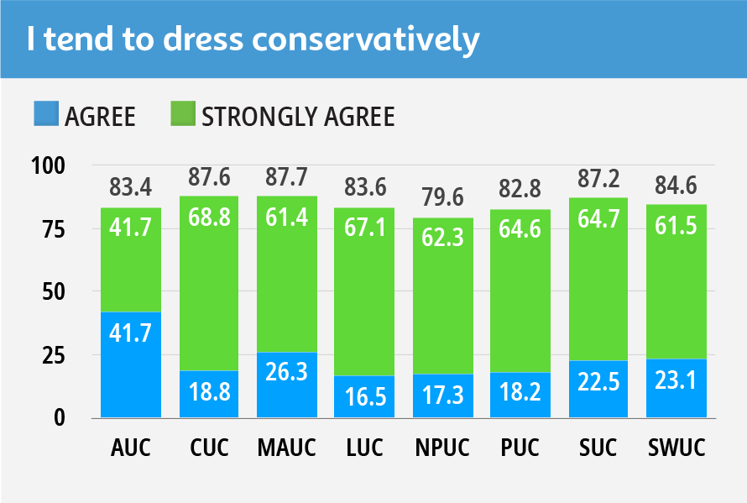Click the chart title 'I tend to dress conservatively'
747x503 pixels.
252,39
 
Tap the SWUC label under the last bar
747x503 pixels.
676,448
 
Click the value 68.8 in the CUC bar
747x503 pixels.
208,222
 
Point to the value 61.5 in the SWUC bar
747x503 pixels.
676,227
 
